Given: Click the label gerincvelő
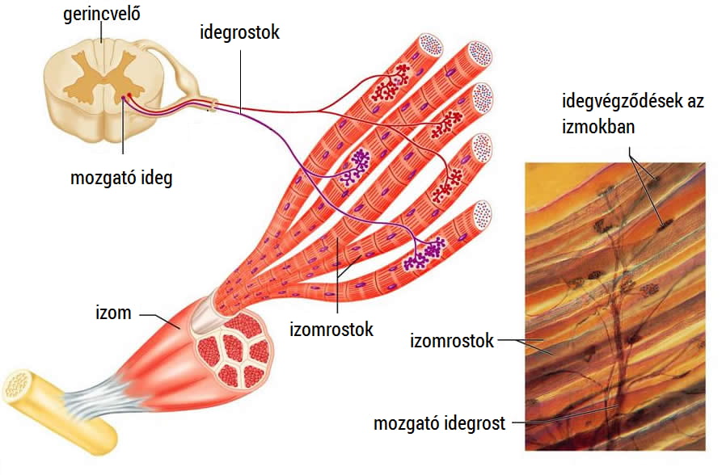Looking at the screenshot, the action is [101, 14].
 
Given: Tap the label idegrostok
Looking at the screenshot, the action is [239, 32].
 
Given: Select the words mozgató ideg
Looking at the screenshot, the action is [121, 178].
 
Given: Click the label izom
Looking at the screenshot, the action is [113, 313].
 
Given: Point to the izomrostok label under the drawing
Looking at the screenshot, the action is [331, 330].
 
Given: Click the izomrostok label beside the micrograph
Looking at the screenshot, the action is [452, 341].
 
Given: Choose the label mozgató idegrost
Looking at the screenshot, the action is [439, 423].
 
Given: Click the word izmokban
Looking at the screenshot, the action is [598, 126].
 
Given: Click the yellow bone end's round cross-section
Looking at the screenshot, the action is [18, 385].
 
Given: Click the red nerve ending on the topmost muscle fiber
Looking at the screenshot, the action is [391, 83].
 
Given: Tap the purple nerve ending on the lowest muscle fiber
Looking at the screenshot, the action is [424, 254].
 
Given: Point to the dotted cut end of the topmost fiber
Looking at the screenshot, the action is [430, 45].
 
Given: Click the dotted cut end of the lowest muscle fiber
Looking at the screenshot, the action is [482, 216].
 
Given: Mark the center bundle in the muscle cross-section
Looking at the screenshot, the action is [233, 347].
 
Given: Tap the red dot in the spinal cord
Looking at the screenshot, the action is [129, 95].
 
